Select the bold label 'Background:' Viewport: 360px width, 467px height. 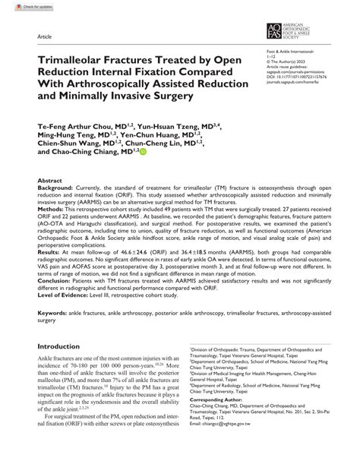coord(55,188)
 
